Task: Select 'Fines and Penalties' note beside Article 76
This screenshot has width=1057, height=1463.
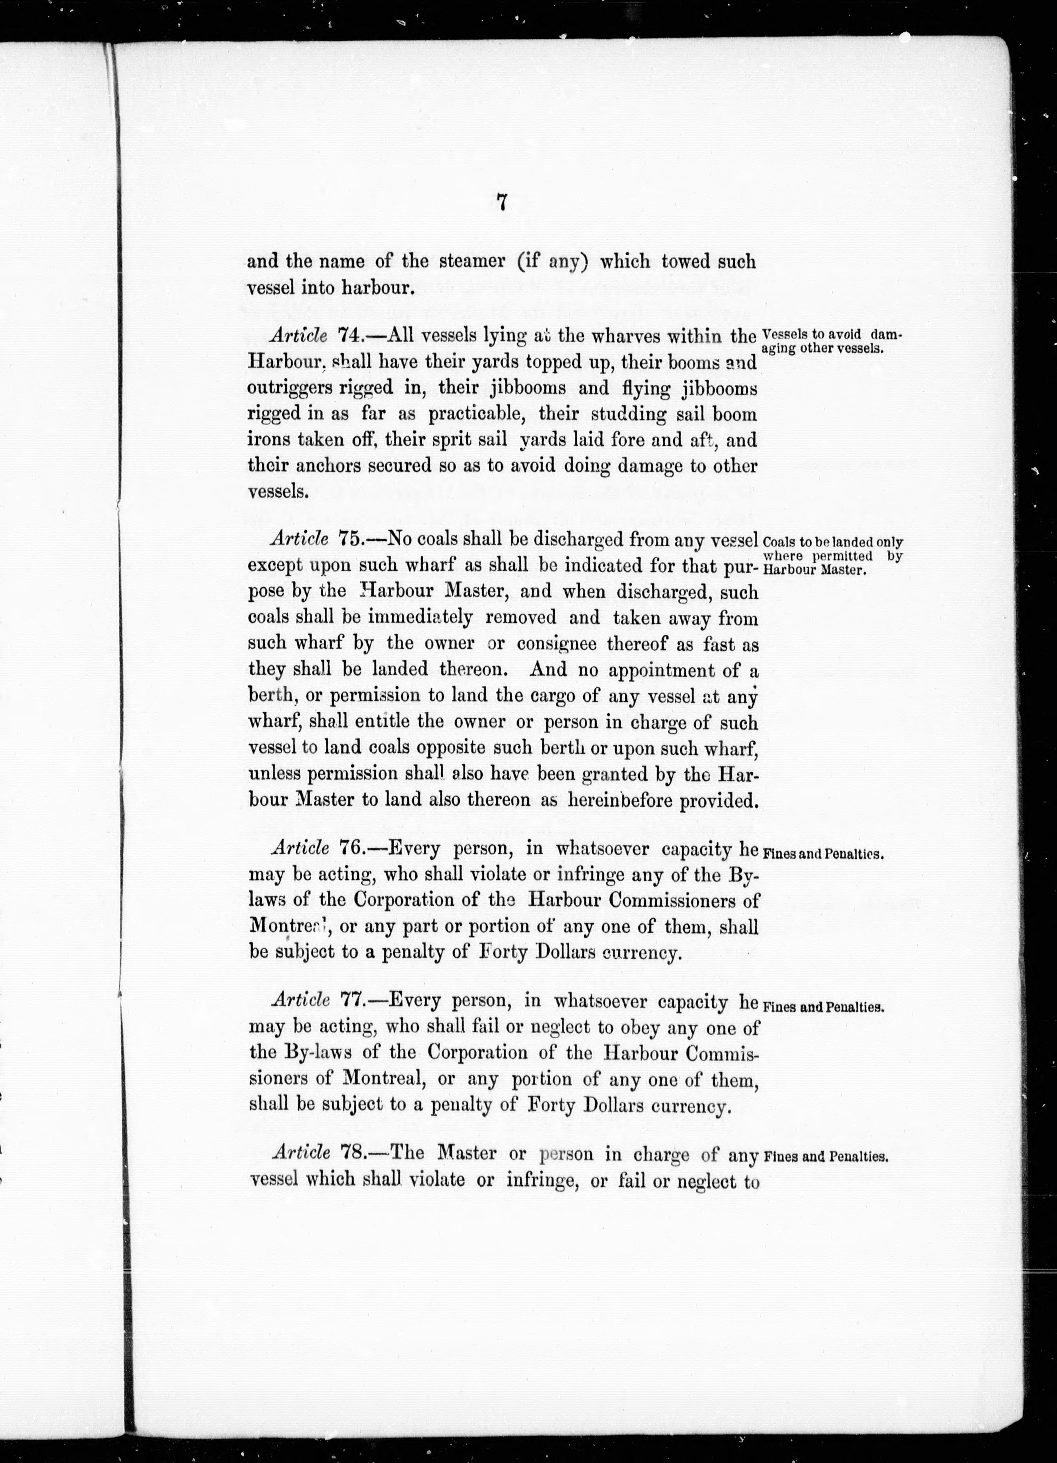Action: point(823,854)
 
